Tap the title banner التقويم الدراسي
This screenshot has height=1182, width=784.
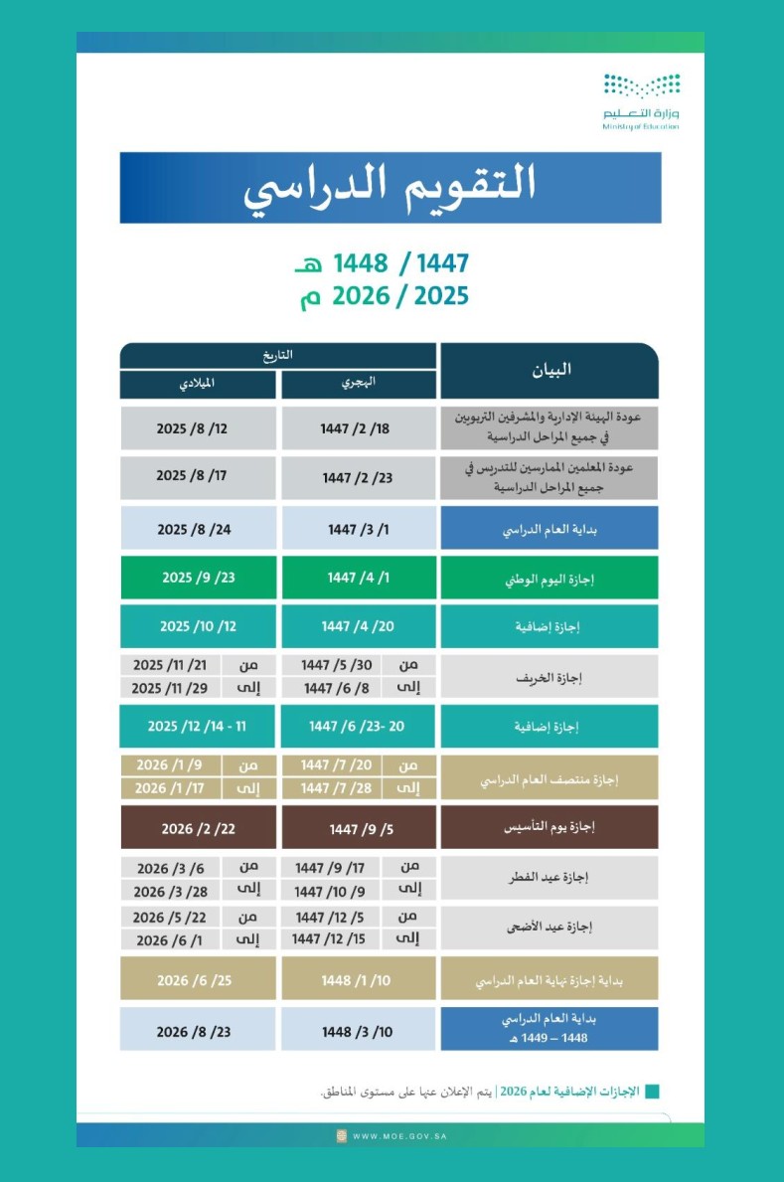point(391,187)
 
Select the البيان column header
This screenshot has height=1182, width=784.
point(549,371)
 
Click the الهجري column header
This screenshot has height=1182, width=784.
point(359,383)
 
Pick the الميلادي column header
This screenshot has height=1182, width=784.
point(199,383)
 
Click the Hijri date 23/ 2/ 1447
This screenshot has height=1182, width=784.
point(358,477)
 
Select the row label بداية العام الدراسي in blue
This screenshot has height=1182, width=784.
point(549,528)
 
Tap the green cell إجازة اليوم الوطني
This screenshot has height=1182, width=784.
point(549,578)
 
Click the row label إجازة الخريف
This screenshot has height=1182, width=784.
point(549,677)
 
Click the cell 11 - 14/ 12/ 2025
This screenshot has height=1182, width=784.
point(197,726)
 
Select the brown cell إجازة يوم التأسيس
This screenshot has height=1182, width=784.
point(549,826)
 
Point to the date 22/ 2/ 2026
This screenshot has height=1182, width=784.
point(197,827)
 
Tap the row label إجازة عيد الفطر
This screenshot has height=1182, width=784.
point(549,877)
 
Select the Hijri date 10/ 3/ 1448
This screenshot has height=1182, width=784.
point(358,1031)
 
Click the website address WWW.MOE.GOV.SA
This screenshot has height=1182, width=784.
point(397,1135)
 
